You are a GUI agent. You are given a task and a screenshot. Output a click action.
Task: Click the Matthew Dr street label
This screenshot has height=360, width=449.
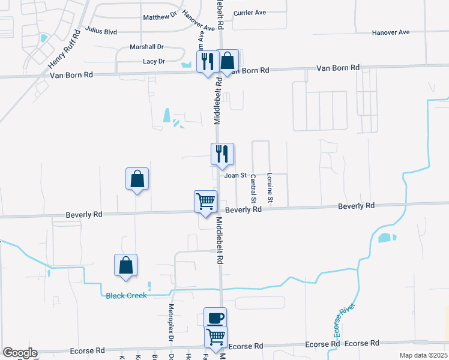[160, 17]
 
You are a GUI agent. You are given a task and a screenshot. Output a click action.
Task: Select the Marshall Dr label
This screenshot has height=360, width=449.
[146, 47]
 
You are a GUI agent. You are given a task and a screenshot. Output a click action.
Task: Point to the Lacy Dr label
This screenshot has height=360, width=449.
[154, 61]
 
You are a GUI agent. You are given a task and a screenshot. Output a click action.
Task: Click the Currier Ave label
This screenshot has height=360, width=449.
[250, 12]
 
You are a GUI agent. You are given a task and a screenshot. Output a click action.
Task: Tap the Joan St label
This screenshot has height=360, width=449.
[235, 175]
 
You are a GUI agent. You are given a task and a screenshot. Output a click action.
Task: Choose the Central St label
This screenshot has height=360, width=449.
[253, 188]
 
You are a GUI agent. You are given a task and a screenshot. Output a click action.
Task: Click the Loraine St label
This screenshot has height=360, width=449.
[270, 188]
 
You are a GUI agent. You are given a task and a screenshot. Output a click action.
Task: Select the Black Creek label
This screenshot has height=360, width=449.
[126, 295]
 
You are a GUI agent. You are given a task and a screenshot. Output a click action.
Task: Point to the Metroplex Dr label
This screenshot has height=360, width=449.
[171, 329]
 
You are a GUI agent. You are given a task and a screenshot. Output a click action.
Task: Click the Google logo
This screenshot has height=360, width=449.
[20, 353]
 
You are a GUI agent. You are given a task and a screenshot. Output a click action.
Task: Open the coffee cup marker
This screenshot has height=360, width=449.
[215, 317]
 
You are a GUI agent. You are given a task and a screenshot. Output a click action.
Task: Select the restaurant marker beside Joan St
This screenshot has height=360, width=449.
[222, 154]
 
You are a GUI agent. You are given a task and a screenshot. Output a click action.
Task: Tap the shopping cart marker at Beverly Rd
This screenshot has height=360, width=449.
[205, 201]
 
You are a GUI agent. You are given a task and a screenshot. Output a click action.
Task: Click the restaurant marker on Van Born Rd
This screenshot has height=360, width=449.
[207, 61]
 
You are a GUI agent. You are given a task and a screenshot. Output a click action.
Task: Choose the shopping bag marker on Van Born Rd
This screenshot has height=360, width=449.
[227, 61]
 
